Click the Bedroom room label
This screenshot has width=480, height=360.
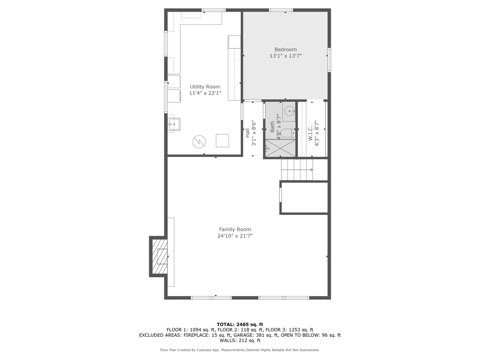pyautogui.click(x=285, y=49)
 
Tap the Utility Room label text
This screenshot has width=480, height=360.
pyautogui.click(x=205, y=87)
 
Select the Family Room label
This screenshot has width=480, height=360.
pyautogui.click(x=235, y=229)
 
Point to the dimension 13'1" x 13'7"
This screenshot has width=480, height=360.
pyautogui.click(x=285, y=56)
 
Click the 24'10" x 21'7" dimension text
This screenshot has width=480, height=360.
pyautogui.click(x=235, y=236)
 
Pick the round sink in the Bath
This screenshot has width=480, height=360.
pyautogui.click(x=290, y=111)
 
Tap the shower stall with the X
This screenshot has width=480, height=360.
pyautogui.click(x=280, y=148)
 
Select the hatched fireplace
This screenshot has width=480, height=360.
pyautogui.click(x=160, y=256)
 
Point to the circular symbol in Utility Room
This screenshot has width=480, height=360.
pyautogui.click(x=199, y=142)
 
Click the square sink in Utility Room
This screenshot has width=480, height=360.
pyautogui.click(x=174, y=124)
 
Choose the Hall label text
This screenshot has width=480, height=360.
pyautogui.click(x=247, y=133)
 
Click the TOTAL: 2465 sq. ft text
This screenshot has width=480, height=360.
pyautogui.click(x=240, y=324)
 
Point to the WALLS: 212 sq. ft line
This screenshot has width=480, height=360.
pyautogui.click(x=240, y=340)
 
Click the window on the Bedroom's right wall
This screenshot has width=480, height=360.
pyautogui.click(x=329, y=60)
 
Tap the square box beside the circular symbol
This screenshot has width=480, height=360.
pyautogui.click(x=222, y=141)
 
